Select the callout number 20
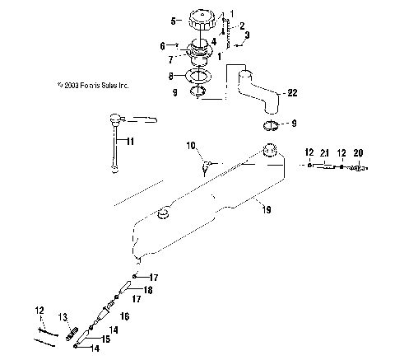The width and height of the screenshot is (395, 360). click(x=358, y=152)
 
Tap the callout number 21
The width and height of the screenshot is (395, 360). click(x=325, y=152)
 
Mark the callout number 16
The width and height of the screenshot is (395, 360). click(x=126, y=316)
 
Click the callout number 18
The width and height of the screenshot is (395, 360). click(x=148, y=291)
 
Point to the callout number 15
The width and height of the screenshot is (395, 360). click(x=105, y=339)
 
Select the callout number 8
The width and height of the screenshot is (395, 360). click(x=172, y=76)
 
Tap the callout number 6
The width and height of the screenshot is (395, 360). click(x=162, y=45)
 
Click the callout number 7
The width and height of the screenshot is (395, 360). click(x=172, y=59)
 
